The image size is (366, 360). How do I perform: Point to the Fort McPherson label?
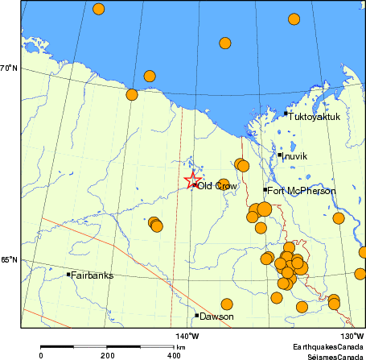tap(302, 191)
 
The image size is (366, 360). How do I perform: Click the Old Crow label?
tap(217, 186)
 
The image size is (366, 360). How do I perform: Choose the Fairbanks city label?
tap(92, 275)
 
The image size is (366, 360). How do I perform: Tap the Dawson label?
tap(216, 317)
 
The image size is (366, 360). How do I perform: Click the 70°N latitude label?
tap(9, 68)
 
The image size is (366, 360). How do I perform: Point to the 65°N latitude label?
tap(9, 260)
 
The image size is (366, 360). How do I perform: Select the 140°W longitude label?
tap(187, 336)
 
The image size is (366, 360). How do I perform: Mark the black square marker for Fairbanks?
tap(68, 275)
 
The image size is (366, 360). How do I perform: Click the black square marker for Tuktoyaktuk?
tap(286, 114)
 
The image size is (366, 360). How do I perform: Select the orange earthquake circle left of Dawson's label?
tap(227, 304)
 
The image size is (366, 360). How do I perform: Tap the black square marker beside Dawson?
tap(196, 315)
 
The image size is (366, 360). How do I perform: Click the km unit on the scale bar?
tap(181, 347)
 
